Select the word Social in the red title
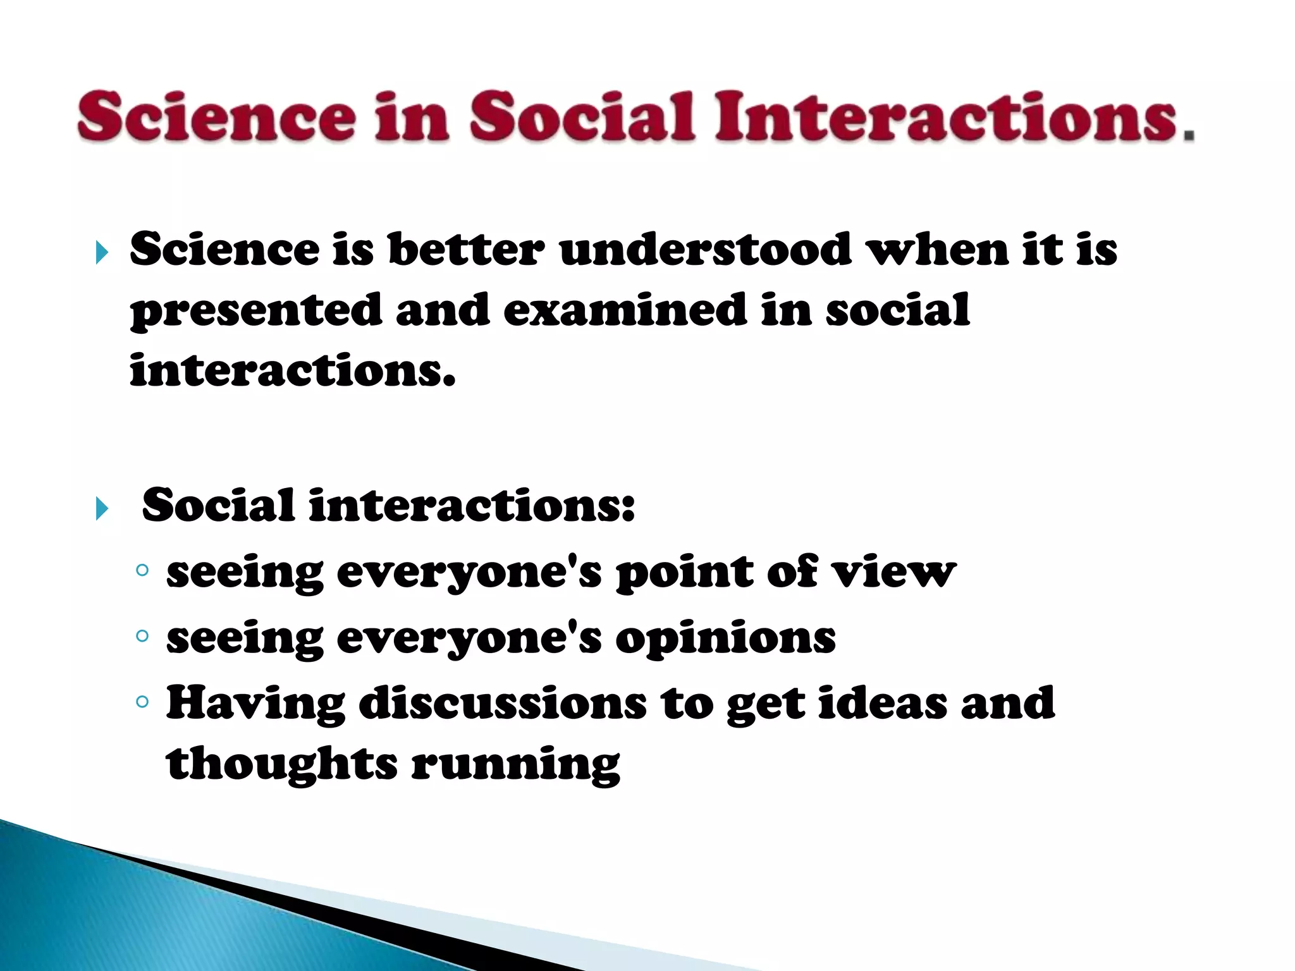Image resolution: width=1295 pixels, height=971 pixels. [x=582, y=116]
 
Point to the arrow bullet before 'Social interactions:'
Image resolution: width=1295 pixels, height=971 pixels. [x=102, y=508]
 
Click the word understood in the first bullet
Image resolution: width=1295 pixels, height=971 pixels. [x=705, y=249]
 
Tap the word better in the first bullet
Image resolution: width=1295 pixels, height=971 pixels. [x=465, y=249]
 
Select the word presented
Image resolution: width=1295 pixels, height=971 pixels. [x=255, y=311]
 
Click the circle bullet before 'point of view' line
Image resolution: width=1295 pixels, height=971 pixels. [x=142, y=570]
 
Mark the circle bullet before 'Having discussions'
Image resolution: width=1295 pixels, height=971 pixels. [x=142, y=701]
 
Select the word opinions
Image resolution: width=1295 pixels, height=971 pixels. [x=725, y=638]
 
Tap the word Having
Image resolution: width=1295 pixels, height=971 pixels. [x=255, y=703]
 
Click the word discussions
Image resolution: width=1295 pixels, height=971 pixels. [x=503, y=703]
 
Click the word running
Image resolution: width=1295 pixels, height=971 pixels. [x=515, y=765]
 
